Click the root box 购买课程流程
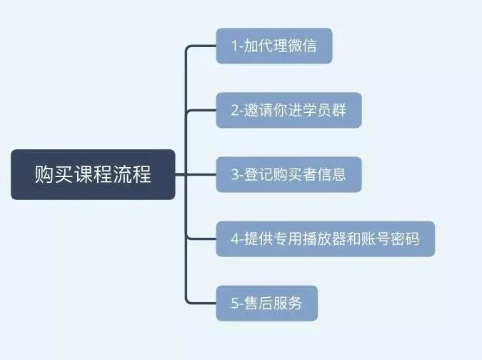coord(93,174)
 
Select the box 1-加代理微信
coord(274,46)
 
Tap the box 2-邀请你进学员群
coord(288,110)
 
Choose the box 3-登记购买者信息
coord(288,174)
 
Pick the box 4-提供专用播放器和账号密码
coord(325,239)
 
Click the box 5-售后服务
coord(266,303)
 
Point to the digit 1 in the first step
coord(234,46)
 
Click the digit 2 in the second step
coord(235,110)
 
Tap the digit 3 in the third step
coord(235,174)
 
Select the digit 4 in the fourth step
coord(235,239)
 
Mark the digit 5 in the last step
coord(235,303)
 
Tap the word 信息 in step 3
coord(332,174)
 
